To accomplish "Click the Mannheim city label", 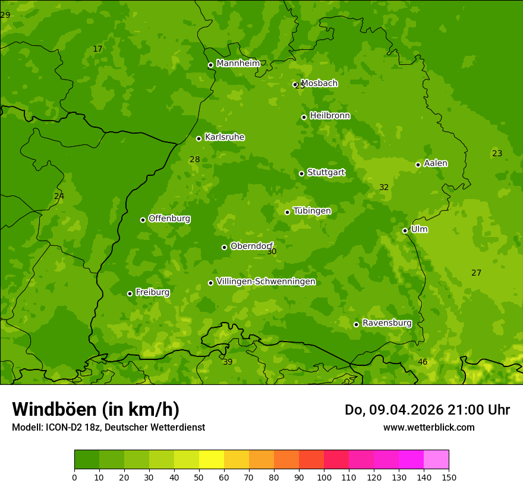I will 238,64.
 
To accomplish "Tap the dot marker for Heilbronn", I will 304,117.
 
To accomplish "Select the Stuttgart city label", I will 326,173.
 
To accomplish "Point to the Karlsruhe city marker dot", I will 199,138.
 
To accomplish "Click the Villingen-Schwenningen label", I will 266,282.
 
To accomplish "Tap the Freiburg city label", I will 152,292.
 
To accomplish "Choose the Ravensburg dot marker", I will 356,324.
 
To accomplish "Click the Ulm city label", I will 419,229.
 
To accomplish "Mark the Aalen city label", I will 436,163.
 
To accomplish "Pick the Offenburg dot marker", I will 143,220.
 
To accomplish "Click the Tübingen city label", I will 312,211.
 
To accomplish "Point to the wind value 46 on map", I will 423,362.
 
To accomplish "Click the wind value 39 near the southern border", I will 228,362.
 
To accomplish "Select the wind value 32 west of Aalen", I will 384,187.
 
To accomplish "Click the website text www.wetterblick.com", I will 429,427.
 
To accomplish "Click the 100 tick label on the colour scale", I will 324,477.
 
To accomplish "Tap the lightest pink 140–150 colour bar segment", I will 436,460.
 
